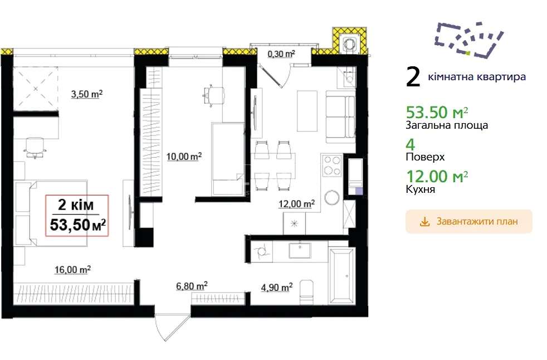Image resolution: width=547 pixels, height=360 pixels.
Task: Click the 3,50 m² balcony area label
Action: coord(87,94)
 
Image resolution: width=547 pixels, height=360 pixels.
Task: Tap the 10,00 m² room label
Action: coord(184,157)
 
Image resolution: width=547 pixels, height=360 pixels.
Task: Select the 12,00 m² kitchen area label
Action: coord(296,203)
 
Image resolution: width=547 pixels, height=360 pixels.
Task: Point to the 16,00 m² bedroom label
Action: coord(72,270)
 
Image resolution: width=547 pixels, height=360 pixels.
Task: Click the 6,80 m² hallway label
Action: coord(192,286)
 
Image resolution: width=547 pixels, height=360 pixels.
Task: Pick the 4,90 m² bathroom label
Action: coord(277,288)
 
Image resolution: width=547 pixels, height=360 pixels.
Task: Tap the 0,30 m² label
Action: coord(281,53)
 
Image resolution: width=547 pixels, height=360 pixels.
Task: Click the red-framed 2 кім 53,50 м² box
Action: coord(77,216)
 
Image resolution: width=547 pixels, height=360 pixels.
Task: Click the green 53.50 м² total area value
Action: coord(437,113)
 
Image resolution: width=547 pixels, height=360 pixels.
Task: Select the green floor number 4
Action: coord(410,144)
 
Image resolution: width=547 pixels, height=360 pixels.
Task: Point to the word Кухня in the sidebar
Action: coord(421,189)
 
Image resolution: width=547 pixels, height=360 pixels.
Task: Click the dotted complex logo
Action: coord(469,40)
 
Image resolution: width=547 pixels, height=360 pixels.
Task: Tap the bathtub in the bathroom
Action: coord(341,276)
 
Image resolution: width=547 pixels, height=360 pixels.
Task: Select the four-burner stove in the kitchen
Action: coord(332,166)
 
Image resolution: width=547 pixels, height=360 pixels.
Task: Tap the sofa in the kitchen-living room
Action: coord(340,117)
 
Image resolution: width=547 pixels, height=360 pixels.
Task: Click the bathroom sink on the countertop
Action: coord(300,250)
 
